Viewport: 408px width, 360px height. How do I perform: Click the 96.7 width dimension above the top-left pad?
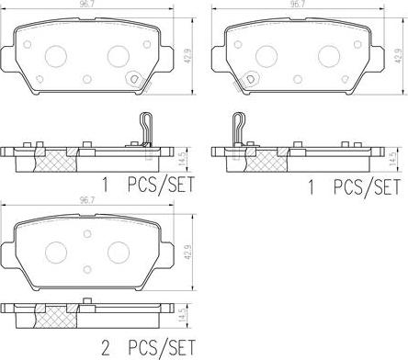(x=88, y=5)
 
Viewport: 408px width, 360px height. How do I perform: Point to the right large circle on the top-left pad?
(x=118, y=56)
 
